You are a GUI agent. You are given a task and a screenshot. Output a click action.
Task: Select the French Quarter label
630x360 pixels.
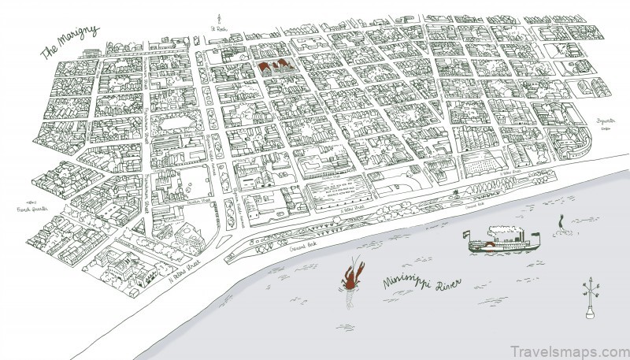[x=34, y=209]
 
